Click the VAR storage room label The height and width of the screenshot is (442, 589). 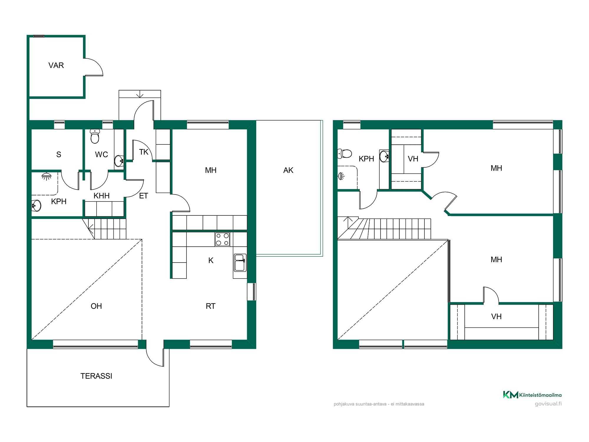tap(56, 65)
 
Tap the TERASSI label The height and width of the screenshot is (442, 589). tap(96, 376)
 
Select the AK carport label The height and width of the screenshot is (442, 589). tap(288, 170)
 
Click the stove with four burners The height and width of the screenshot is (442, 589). tap(222, 239)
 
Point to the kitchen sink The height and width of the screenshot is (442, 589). tap(240, 263)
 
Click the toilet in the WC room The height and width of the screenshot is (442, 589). tap(95, 136)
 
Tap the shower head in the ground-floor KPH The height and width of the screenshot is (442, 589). tap(47, 177)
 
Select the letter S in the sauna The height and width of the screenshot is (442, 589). tap(59, 154)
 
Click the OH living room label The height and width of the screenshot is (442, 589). tap(96, 306)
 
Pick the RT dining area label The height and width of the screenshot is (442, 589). tap(211, 306)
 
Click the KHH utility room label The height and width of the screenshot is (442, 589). tap(102, 196)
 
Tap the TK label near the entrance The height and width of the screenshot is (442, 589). tap(144, 152)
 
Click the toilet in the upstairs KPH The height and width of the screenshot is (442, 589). tap(345, 154)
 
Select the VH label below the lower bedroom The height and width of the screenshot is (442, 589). tap(496, 316)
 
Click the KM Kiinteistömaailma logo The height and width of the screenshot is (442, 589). tap(532, 395)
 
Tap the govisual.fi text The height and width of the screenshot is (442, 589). tap(548, 404)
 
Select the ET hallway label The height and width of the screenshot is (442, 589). tap(143, 196)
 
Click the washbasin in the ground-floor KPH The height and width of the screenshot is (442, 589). tap(36, 205)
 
